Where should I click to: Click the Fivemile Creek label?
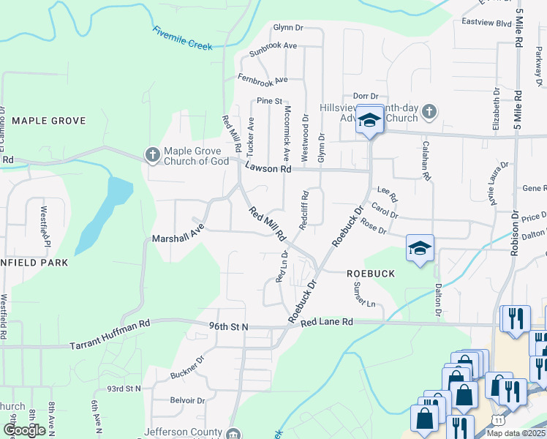click(183, 39)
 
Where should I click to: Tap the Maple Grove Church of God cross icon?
click(152, 154)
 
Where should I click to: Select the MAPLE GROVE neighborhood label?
click(49, 121)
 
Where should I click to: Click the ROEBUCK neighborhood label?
click(370, 274)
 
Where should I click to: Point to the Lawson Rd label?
click(268, 168)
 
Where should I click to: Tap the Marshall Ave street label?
click(176, 239)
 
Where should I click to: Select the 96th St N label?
click(228, 326)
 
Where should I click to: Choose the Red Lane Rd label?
click(326, 322)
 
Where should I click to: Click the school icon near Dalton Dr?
click(420, 249)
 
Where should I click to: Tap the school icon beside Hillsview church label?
click(370, 121)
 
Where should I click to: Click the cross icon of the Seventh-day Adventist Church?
click(429, 113)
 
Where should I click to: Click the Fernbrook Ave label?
click(262, 78)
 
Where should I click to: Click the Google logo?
click(24, 430)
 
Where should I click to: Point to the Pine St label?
click(269, 101)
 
